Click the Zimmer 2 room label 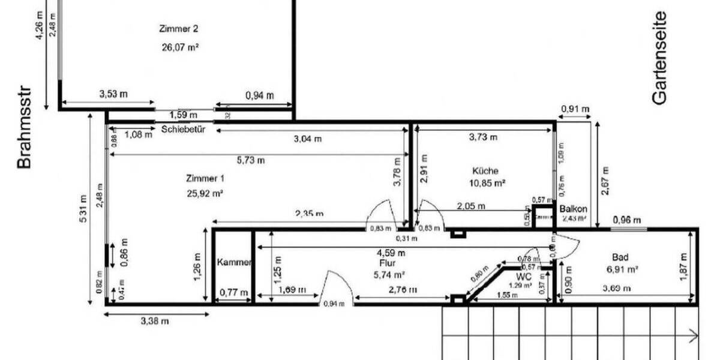(178, 28)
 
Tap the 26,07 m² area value (180, 47)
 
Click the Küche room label (485, 170)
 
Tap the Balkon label (573, 209)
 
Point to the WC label (524, 277)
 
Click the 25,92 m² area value (205, 193)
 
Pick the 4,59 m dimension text (391, 253)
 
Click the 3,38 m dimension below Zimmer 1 (154, 320)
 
